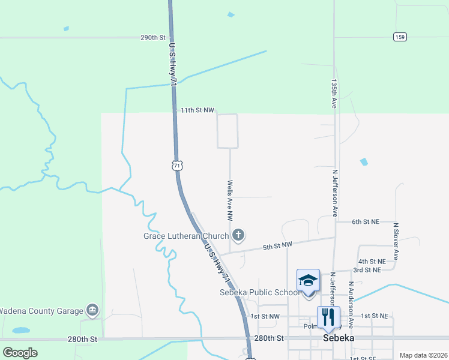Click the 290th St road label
coord(152,37)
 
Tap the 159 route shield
coord(400,37)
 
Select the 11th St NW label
coord(197,110)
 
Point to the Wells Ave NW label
coord(230,200)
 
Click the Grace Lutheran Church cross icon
coord(238,235)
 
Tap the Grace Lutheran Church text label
coord(186,236)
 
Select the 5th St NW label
coord(277,245)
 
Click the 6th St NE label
coord(365,221)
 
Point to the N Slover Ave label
coord(396,241)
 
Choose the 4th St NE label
coord(372,262)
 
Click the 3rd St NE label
coord(367,270)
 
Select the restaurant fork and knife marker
coord(328,316)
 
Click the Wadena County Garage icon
coord(92,310)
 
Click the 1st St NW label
coord(265,316)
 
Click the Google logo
coord(20,353)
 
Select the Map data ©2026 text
coord(423,355)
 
